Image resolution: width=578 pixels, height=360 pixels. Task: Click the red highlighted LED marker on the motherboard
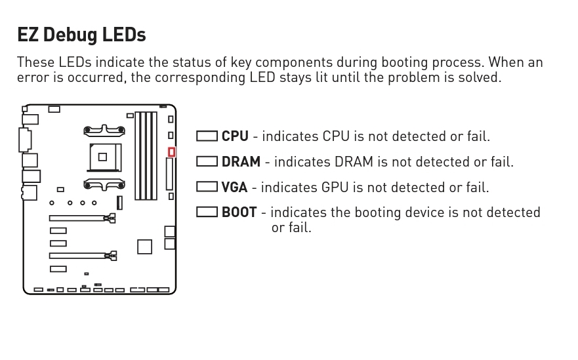(x=171, y=152)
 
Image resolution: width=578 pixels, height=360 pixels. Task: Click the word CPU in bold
(x=235, y=136)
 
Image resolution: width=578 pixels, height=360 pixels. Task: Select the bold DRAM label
(x=241, y=161)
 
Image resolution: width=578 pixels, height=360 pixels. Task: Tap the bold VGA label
(x=234, y=188)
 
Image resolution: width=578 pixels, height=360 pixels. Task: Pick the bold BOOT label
(x=239, y=212)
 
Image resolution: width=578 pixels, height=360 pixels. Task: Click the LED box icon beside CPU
(x=207, y=136)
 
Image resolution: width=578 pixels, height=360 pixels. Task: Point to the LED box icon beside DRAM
(x=207, y=161)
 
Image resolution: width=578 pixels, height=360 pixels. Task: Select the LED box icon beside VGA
(x=207, y=187)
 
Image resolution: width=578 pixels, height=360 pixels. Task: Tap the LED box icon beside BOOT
(x=207, y=212)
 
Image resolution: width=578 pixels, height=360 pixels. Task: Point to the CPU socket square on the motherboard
(x=102, y=157)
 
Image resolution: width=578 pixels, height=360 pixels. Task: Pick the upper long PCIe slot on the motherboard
(x=77, y=218)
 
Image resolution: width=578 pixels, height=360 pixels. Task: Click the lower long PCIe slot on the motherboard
(x=77, y=255)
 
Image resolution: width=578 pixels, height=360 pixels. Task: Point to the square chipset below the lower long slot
(x=144, y=247)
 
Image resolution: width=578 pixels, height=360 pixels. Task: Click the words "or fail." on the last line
(x=291, y=228)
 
